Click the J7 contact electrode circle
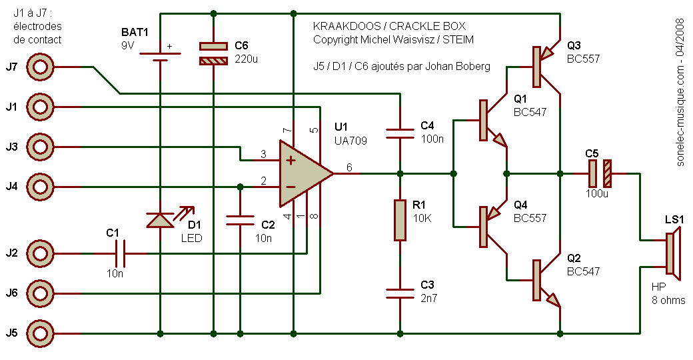41,67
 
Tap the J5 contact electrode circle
41,333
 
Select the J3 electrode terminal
41,146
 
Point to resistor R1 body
400,220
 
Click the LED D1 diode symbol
160,220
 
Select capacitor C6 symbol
213,53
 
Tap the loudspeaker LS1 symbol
673,253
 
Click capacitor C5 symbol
599,173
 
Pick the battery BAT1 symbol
160,53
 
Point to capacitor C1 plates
120,253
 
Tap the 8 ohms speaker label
668,300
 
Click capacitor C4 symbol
400,133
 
